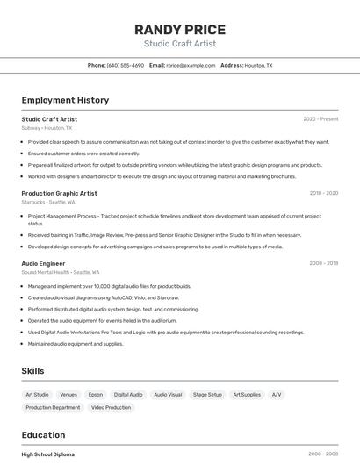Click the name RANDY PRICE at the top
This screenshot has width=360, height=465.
pos(180,29)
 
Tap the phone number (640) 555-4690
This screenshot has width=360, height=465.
pos(126,65)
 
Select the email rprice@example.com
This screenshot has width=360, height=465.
pos(191,65)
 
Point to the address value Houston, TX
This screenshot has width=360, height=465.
pos(258,65)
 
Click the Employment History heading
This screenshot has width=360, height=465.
pos(65,100)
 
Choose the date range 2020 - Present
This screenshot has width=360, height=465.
pos(320,118)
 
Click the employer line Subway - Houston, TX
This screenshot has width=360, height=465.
pos(47,128)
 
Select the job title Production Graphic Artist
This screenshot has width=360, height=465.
pos(59,193)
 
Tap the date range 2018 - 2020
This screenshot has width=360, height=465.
pos(323,193)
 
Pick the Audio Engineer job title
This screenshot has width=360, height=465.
pos(43,263)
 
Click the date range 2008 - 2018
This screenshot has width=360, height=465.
pos(323,263)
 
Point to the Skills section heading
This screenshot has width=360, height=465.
pos(33,371)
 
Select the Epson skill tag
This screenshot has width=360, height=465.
pos(95,395)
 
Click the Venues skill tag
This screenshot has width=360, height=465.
pos(68,395)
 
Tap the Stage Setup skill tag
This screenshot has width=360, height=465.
pos(207,395)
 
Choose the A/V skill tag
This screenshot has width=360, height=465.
pos(277,395)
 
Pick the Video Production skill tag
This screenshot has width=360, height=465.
pos(111,407)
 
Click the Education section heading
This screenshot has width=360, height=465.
pos(43,435)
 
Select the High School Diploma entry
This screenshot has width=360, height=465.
pos(48,454)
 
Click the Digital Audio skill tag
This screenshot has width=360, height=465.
pos(128,395)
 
